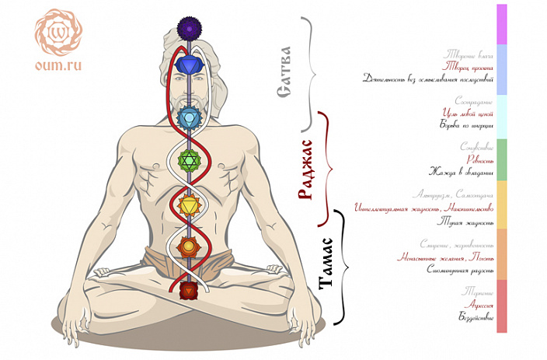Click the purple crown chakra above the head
[x=189, y=29]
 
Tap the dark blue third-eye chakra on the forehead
[x=189, y=64]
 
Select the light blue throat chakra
[x=189, y=118]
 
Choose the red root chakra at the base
[x=189, y=290]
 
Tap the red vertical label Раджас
[x=306, y=170]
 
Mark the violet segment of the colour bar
[x=502, y=23]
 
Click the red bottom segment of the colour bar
[x=502, y=306]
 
